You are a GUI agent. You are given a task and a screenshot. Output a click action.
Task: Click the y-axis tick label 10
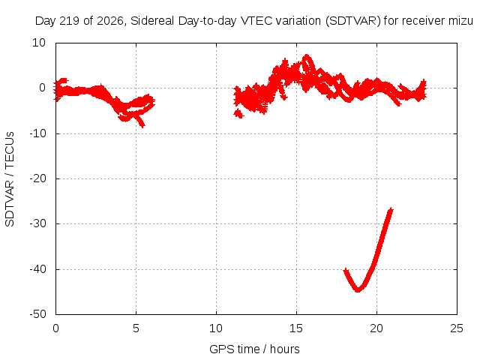(x=39, y=43)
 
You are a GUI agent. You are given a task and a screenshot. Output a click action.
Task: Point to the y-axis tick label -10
(x=37, y=133)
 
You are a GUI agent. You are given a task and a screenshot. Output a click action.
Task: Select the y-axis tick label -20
(x=37, y=178)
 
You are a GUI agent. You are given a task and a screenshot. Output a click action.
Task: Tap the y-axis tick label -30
(x=37, y=223)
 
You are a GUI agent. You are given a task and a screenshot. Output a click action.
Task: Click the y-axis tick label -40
(x=37, y=269)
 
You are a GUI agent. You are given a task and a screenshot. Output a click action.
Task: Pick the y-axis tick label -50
(x=37, y=314)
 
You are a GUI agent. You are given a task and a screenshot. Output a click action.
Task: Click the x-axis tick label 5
(x=136, y=328)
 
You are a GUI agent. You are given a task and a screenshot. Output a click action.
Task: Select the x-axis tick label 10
(x=216, y=328)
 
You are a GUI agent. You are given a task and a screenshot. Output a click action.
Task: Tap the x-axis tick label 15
(x=296, y=328)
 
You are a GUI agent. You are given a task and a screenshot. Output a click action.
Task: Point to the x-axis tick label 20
(x=376, y=328)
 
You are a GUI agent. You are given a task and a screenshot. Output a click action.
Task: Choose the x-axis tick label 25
(x=457, y=328)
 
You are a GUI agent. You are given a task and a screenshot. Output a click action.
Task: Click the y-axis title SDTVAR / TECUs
(x=10, y=179)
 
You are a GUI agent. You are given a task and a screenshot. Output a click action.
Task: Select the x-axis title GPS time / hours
(x=254, y=349)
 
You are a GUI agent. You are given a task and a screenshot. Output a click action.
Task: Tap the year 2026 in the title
(x=110, y=21)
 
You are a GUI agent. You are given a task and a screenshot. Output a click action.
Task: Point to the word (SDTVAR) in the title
(x=353, y=21)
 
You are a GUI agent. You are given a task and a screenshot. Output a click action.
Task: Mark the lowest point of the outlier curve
(x=358, y=290)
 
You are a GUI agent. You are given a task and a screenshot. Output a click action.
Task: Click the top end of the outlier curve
(x=391, y=209)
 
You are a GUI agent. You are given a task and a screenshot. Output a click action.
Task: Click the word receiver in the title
(x=423, y=21)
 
